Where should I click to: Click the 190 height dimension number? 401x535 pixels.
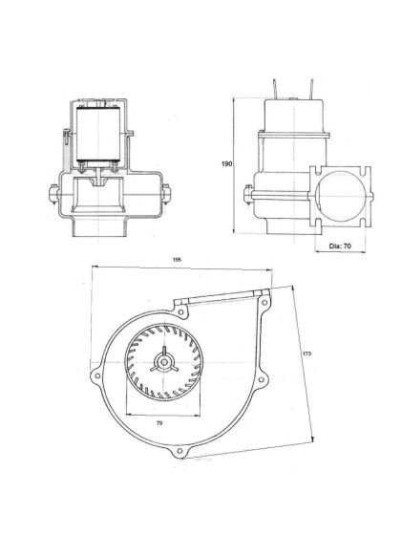tap(226, 165)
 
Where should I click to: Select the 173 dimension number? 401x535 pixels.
tap(306, 354)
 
